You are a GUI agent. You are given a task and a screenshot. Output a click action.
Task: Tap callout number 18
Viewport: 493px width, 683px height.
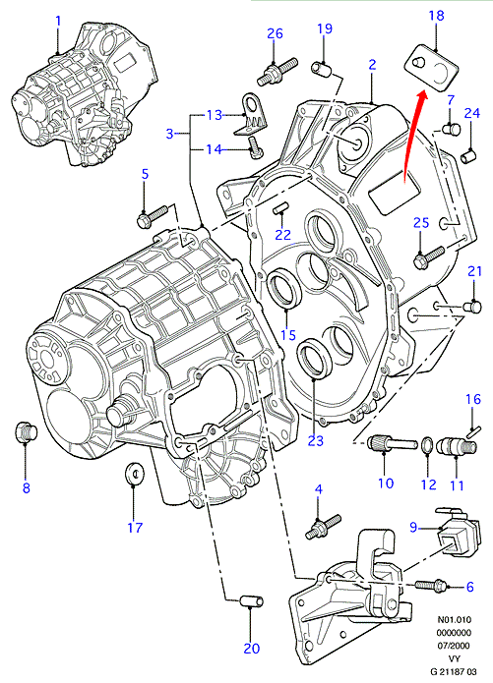436,16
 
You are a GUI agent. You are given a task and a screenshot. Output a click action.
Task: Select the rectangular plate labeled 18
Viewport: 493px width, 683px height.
432,68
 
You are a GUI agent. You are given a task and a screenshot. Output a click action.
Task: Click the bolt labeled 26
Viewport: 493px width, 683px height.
277,71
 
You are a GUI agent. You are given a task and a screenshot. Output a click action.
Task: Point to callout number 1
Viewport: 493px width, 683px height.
58,22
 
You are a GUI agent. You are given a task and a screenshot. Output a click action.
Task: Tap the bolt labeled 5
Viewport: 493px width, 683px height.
153,215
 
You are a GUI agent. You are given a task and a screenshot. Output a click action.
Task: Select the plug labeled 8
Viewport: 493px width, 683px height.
26,431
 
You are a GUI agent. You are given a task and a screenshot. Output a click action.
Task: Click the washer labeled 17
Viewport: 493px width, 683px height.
134,472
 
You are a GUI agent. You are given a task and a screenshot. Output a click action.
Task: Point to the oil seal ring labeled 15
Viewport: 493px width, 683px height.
284,288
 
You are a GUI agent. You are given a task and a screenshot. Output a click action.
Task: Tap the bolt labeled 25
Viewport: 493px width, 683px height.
428,257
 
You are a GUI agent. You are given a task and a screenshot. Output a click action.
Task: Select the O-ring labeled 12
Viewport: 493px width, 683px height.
426,445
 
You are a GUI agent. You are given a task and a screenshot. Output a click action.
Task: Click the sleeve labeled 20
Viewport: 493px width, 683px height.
252,602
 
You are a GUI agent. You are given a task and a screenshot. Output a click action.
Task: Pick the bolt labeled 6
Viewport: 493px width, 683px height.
431,585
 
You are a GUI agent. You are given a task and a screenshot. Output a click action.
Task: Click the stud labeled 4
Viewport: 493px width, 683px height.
323,526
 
